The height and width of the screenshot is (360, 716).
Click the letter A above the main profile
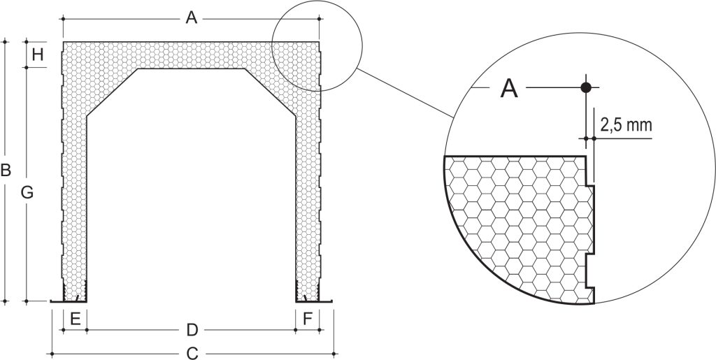point(192,17)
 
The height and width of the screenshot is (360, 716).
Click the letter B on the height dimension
point(6,170)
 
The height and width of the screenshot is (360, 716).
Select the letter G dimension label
point(27,193)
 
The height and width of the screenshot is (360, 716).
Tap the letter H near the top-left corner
point(38,55)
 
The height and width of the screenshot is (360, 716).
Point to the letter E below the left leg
point(76,319)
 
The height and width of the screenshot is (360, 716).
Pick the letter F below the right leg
point(308,319)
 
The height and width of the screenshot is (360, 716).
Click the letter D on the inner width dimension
point(192,329)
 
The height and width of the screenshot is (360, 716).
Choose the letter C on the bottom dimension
point(193,353)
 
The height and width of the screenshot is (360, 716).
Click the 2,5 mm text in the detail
point(626,125)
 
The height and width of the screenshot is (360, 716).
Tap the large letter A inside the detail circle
point(509,88)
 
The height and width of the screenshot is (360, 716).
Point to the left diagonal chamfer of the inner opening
point(113,92)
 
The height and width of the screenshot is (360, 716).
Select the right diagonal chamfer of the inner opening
point(271,92)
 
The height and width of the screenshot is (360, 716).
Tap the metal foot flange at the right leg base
point(314,301)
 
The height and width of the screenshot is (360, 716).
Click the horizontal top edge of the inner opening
point(192,69)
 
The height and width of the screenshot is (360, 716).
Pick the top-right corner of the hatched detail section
point(586,157)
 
